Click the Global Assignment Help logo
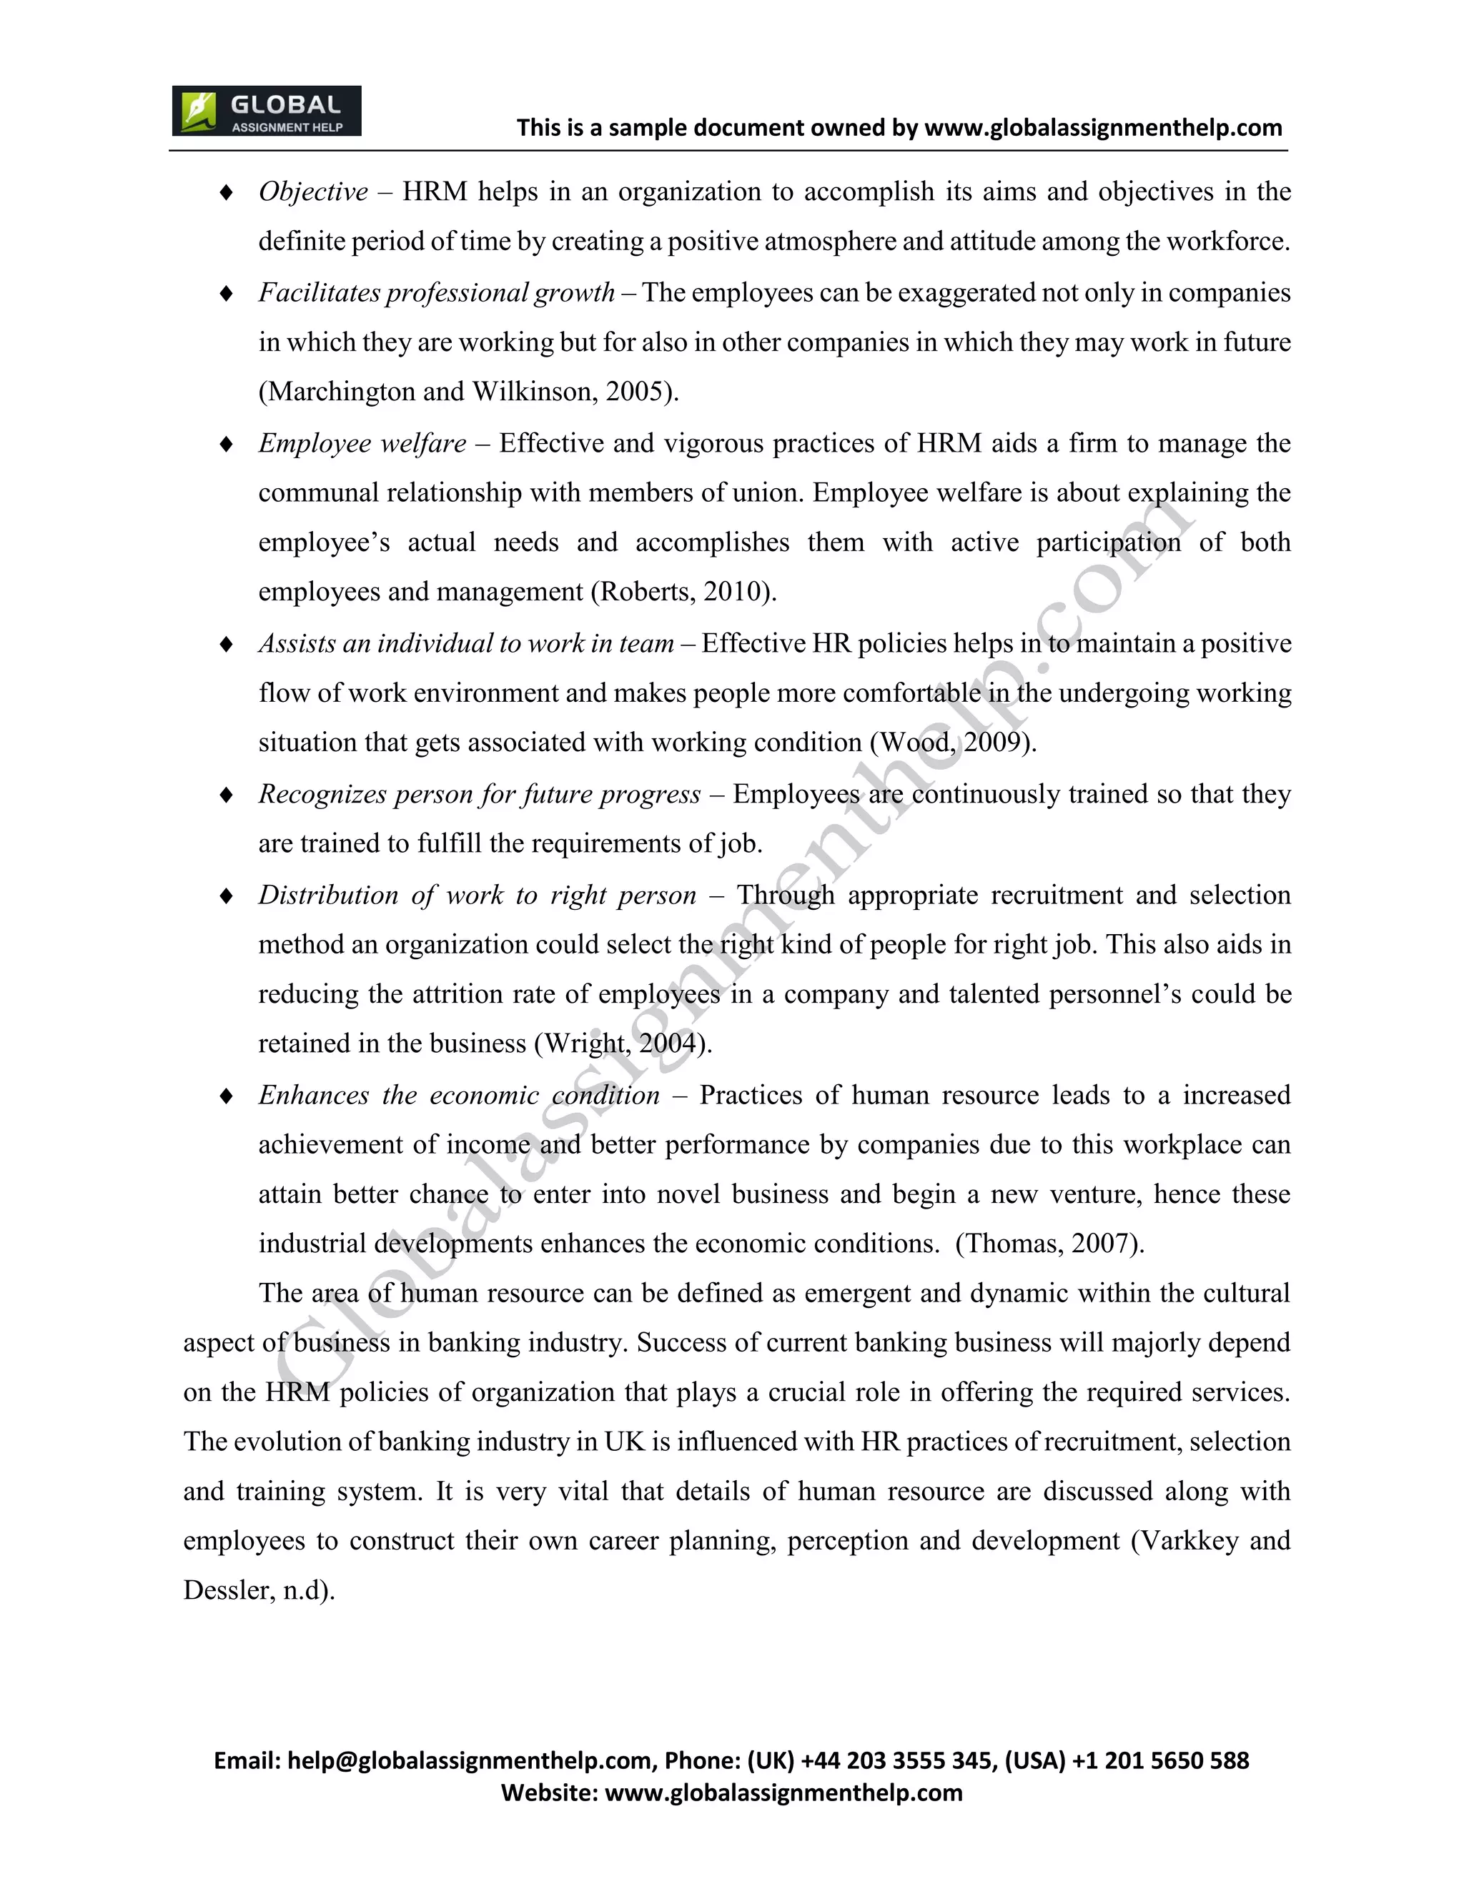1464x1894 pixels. (266, 111)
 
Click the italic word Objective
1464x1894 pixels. (313, 192)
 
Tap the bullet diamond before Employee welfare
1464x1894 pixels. (227, 444)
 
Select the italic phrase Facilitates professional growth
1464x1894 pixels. (436, 293)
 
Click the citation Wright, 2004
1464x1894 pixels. (623, 1044)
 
